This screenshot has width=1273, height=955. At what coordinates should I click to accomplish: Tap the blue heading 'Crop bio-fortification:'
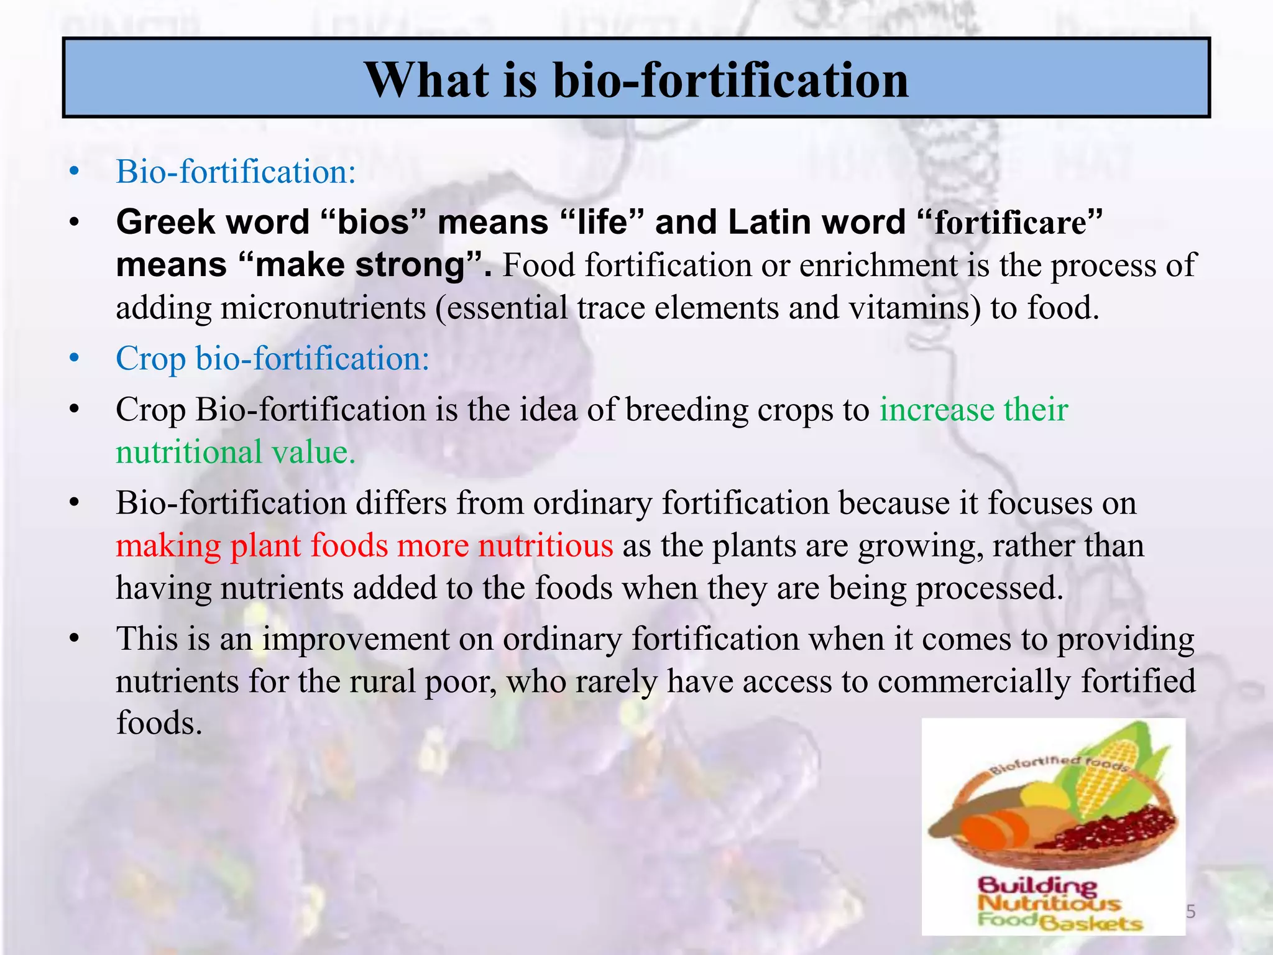(272, 359)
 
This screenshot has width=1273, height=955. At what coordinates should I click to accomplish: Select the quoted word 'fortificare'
(1011, 223)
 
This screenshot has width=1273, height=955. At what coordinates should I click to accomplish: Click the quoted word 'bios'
(373, 223)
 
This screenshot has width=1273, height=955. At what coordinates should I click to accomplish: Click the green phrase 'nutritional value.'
(236, 452)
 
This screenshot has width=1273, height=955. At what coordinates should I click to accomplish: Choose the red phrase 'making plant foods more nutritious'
(364, 546)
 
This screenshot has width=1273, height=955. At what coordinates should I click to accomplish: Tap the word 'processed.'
(990, 588)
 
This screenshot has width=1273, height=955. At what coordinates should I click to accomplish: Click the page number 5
(1191, 912)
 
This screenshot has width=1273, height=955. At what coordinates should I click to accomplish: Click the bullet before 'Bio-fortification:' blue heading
(75, 172)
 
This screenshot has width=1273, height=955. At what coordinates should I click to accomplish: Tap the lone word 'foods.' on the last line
(160, 723)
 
